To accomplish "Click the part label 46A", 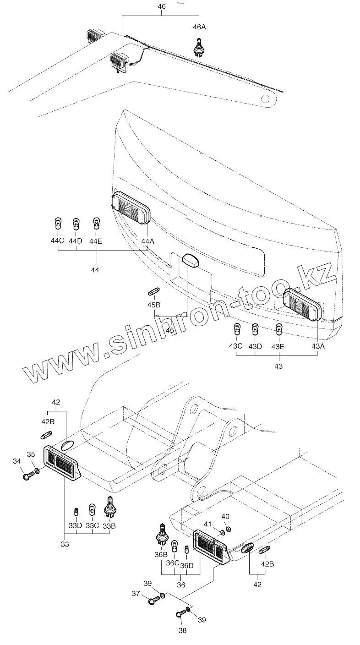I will [x=199, y=27].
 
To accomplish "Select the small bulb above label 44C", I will [x=58, y=224].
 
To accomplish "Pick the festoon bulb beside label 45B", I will [x=154, y=291].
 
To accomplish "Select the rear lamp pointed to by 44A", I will [x=131, y=209].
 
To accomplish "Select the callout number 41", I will [x=208, y=524].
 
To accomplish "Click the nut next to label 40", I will [x=229, y=530].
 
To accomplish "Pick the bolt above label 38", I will [x=180, y=614].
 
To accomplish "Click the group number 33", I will [x=65, y=544].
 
